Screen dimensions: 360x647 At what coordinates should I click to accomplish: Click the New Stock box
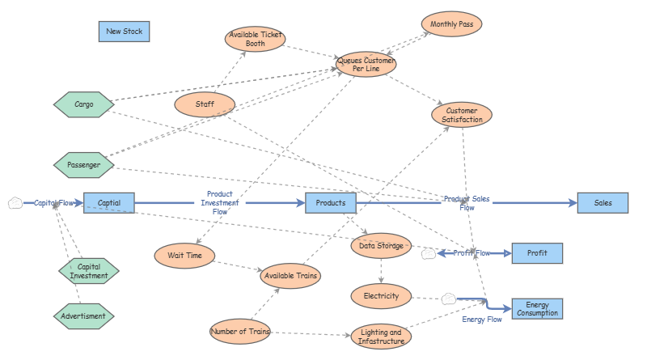tap(124, 32)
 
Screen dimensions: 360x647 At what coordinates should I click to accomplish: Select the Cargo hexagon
tap(84, 104)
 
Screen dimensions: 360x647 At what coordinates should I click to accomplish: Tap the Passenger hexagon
tap(84, 165)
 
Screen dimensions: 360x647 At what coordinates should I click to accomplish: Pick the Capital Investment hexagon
tap(88, 271)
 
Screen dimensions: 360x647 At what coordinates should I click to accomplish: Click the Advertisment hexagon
tap(84, 316)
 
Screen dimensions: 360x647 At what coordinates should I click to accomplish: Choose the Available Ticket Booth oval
tap(255, 39)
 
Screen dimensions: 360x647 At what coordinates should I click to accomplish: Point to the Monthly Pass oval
tap(451, 24)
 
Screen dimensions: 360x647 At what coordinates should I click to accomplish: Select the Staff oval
tap(205, 104)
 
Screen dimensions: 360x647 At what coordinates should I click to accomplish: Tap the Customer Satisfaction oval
tap(463, 115)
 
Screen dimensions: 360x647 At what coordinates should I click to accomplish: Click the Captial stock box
tap(109, 202)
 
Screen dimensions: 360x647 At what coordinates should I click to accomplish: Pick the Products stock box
tap(330, 202)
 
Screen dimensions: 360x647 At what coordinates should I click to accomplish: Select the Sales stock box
tap(603, 202)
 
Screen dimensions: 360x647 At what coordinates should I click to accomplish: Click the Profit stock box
tap(537, 253)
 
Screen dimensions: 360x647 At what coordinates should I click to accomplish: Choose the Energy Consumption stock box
tap(537, 308)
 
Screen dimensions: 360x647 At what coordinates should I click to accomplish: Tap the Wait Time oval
tap(184, 256)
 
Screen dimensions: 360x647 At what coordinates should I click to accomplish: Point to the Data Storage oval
tap(382, 245)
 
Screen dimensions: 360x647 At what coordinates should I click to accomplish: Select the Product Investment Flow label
tap(220, 202)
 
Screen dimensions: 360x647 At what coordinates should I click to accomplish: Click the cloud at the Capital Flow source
tap(15, 203)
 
